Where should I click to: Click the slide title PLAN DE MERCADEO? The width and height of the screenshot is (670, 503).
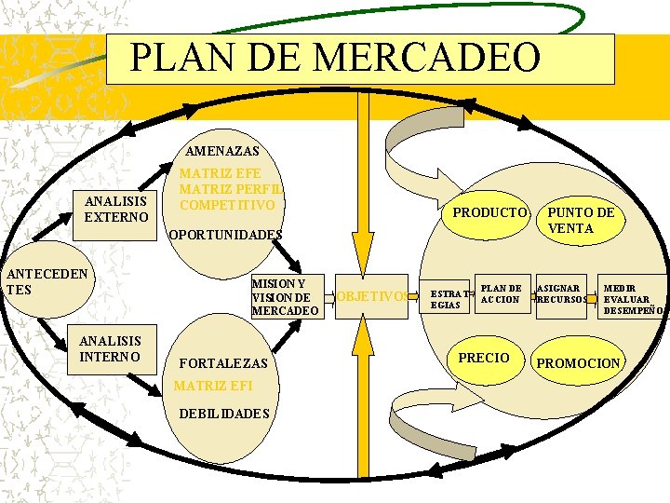coord(335,58)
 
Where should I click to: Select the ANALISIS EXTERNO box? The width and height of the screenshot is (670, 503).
coord(116,209)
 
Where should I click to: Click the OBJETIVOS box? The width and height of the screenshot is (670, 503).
coord(370,296)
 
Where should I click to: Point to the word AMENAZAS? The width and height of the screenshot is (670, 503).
coord(223,150)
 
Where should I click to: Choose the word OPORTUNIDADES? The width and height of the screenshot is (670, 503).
coord(224,235)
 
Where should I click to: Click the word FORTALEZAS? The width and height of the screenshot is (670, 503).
coord(222,362)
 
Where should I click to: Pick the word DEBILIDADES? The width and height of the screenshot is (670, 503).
coord(224,414)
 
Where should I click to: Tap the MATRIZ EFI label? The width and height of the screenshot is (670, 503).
coord(214,385)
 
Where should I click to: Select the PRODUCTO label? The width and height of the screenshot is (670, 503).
coord(489,212)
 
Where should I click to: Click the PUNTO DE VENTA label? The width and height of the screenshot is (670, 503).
coord(582,220)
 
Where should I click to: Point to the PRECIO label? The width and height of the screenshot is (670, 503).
coord(484,358)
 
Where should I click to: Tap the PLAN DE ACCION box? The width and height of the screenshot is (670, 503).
coord(501,293)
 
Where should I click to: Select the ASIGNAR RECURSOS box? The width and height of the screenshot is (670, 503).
coord(561,293)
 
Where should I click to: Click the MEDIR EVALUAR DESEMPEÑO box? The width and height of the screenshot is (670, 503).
coord(633,299)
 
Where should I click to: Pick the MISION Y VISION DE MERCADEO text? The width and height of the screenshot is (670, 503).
coord(285,296)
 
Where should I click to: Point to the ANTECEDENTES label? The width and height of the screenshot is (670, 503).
coord(47,281)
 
